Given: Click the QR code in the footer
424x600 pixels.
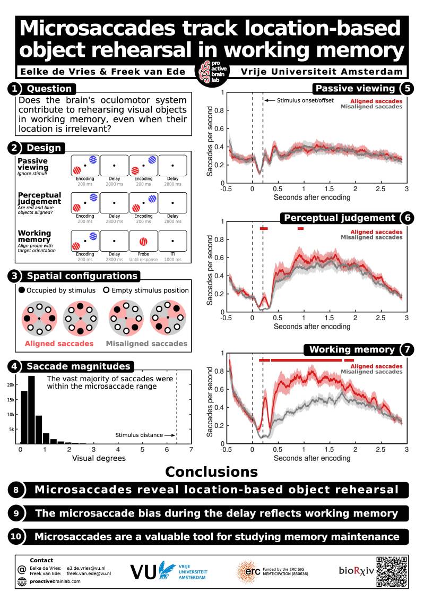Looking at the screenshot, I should pos(392,571).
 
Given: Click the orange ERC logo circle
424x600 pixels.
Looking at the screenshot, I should pos(246,571).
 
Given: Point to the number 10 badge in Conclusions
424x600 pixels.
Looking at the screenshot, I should pos(16,536).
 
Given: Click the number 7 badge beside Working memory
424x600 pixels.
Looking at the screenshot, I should pos(406,349).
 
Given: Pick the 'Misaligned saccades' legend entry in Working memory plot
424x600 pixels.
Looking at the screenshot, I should pos(371,372).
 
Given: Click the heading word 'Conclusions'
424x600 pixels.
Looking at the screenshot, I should pos(211,471).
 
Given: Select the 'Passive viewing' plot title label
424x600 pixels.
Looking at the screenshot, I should pos(355,89).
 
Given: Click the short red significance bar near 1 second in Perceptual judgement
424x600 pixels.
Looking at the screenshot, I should pos(300,228).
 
